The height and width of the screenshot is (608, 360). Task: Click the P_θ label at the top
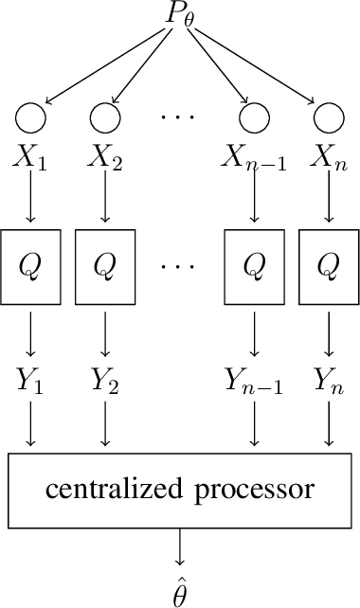pyautogui.click(x=180, y=17)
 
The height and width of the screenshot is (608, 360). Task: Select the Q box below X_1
pyautogui.click(x=30, y=266)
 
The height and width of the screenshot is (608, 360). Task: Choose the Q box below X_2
pyautogui.click(x=105, y=266)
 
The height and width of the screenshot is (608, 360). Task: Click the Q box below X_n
pyautogui.click(x=329, y=266)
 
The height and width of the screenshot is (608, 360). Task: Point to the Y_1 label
pyautogui.click(x=30, y=382)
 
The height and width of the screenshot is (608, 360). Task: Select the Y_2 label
pyautogui.click(x=105, y=382)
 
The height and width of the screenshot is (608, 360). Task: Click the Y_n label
pyautogui.click(x=329, y=382)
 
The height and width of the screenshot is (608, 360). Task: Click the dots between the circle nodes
pyautogui.click(x=178, y=117)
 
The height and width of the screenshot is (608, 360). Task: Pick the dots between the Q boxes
pyautogui.click(x=178, y=266)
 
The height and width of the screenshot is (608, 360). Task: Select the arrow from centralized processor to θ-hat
pyautogui.click(x=180, y=548)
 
